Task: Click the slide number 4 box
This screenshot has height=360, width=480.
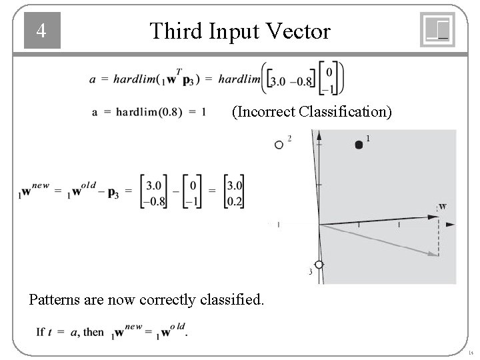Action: [42, 31]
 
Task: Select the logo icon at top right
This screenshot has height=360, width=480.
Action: [437, 30]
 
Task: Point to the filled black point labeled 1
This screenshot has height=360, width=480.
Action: [359, 145]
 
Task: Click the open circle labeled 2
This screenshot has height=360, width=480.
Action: [279, 145]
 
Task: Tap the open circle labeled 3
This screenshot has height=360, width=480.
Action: [319, 265]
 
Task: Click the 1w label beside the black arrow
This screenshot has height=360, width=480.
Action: [441, 206]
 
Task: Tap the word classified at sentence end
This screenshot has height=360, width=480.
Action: [234, 300]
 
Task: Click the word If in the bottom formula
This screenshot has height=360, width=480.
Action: [40, 331]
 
